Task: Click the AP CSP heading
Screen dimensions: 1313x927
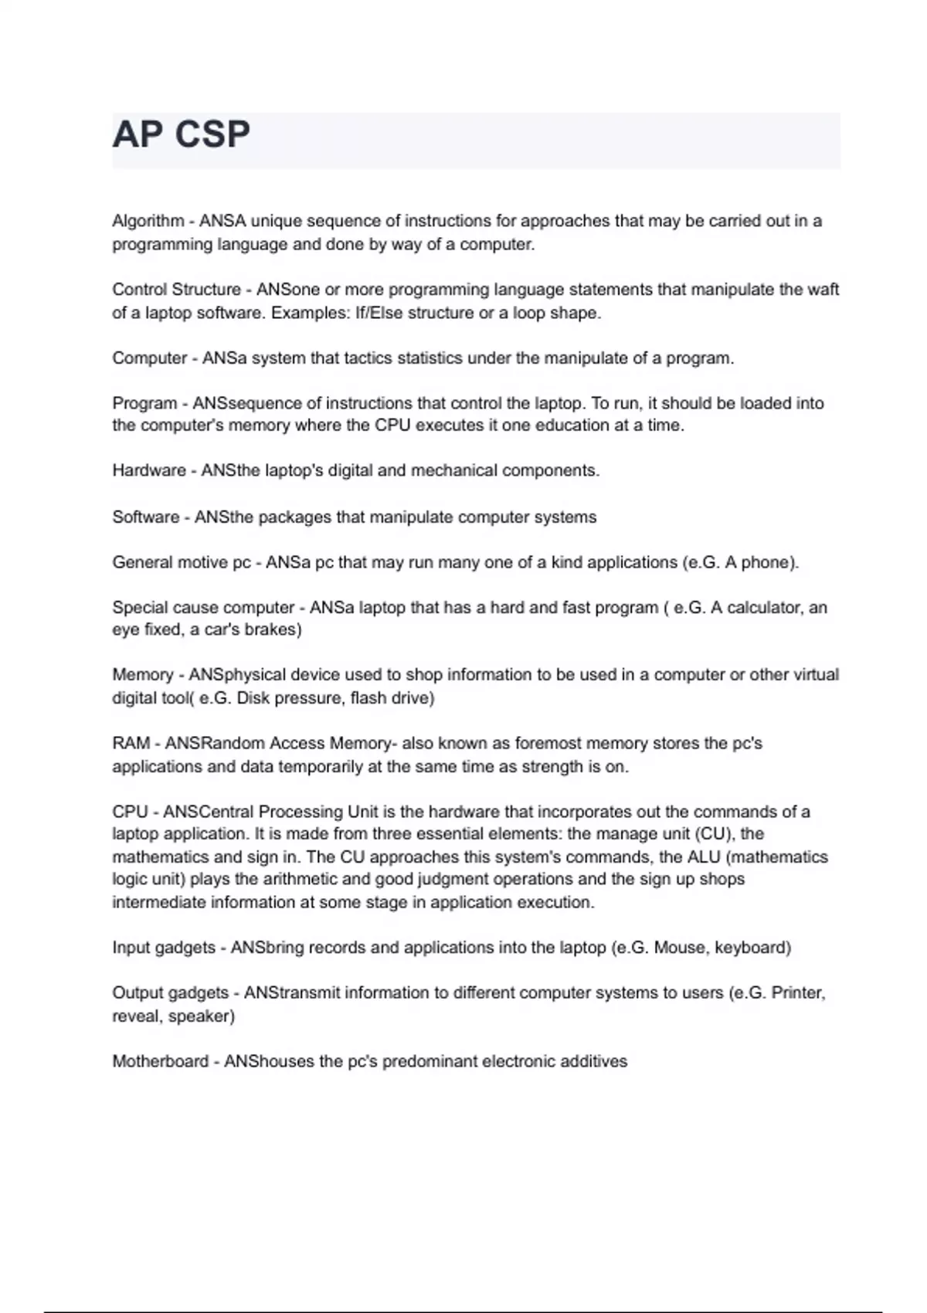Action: tap(182, 135)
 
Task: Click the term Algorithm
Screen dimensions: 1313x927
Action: tap(148, 222)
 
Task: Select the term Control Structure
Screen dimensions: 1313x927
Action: tap(176, 290)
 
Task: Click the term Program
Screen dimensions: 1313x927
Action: tap(144, 403)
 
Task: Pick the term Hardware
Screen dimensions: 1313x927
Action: tap(149, 470)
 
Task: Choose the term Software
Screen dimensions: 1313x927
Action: tap(145, 517)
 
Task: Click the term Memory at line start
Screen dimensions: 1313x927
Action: tap(142, 675)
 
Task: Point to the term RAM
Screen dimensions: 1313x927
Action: tap(131, 743)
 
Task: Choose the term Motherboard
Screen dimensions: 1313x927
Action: tap(160, 1062)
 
